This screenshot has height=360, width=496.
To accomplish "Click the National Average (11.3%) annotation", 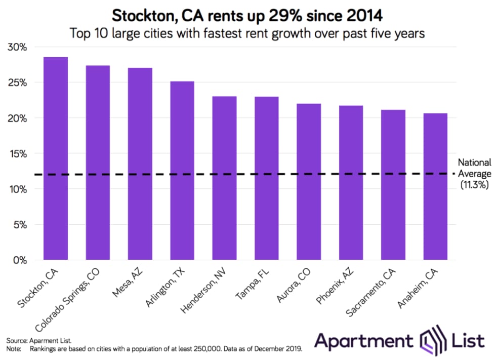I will tap(474, 174).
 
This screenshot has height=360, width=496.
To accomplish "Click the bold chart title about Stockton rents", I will tap(247, 15).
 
